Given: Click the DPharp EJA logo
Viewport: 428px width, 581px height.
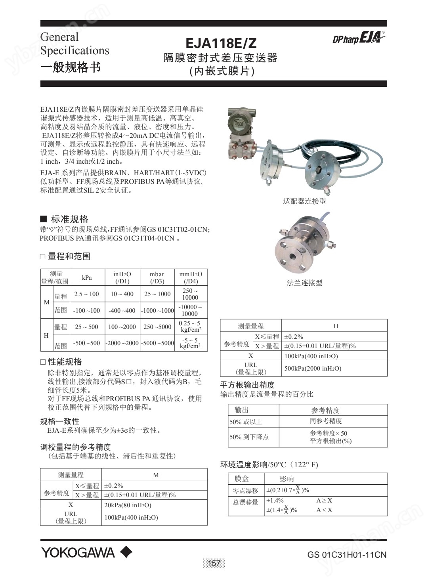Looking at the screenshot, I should [x=358, y=38].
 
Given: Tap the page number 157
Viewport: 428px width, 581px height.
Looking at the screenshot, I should [x=214, y=563].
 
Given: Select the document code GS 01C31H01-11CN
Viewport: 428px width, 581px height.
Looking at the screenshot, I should [x=347, y=554].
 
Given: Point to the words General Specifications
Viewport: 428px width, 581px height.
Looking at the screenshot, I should [x=74, y=44].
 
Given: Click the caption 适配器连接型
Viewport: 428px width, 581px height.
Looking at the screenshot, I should [x=304, y=201].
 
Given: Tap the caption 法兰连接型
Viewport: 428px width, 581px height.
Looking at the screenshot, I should [x=304, y=283].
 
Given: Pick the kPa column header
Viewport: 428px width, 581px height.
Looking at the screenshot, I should [x=87, y=277].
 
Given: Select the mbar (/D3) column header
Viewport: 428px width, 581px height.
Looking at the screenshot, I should [x=157, y=277].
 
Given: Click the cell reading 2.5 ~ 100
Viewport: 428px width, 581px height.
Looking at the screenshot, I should [x=87, y=294].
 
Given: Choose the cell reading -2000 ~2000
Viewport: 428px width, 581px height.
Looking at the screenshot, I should [x=122, y=343].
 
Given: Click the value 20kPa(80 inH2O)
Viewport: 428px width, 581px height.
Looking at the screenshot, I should [x=128, y=505].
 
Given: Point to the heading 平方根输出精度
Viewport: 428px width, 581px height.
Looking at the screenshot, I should [x=247, y=385].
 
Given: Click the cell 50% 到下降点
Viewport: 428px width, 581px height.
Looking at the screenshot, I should [x=249, y=437].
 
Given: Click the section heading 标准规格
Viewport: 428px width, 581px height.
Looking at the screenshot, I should [x=69, y=219].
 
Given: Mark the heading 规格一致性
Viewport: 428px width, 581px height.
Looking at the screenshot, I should [x=60, y=421].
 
